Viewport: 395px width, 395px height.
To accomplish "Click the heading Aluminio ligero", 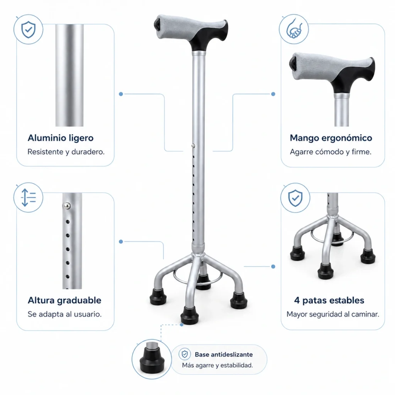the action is tap(61, 138).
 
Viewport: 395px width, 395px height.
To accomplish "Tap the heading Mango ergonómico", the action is tap(331, 138).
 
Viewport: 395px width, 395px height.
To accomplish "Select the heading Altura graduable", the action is tap(64, 300).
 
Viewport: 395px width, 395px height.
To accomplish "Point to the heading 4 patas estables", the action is tap(329, 300).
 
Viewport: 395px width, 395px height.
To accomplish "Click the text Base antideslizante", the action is tap(224, 354).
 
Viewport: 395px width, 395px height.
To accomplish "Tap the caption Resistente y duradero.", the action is tap(66, 152).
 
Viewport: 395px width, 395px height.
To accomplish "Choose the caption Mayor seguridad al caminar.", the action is tap(333, 314).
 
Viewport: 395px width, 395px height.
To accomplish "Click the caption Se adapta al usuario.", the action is tap(64, 314).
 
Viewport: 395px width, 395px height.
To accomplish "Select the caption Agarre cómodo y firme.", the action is tap(331, 152).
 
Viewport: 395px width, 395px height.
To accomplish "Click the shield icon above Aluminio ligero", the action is tap(29, 29).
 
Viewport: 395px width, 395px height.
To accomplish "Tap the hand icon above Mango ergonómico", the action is tap(294, 29).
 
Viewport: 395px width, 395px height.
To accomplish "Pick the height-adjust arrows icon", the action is tap(29, 197).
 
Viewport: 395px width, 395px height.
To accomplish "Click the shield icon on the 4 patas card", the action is tap(295, 198).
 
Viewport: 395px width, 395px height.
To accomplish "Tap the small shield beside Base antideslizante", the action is tap(185, 354).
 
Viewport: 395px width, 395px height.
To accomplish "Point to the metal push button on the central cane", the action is tap(193, 146).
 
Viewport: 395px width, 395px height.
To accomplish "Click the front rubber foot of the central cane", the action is tap(189, 315).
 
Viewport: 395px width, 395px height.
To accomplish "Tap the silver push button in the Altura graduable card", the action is tap(66, 206).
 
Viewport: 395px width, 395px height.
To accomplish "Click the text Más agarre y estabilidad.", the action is tap(218, 365).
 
